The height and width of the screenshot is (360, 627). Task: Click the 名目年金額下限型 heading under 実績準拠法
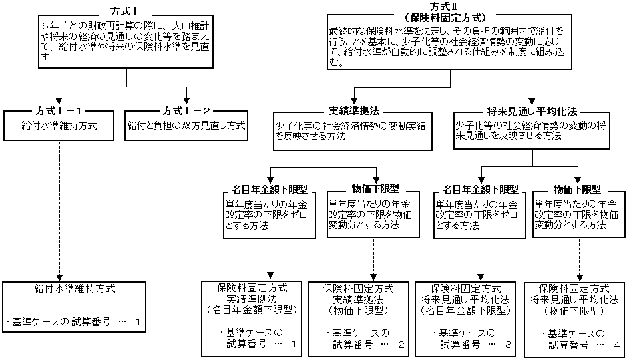[x=270, y=189]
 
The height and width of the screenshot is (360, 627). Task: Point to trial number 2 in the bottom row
[x=401, y=345]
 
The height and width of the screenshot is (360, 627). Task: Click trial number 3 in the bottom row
[x=509, y=345]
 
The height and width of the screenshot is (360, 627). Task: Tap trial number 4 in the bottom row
[x=616, y=345]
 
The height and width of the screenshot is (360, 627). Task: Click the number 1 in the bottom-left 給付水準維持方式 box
[x=138, y=323]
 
